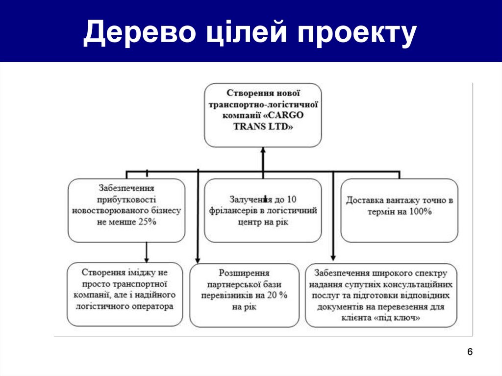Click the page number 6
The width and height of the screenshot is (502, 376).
470,352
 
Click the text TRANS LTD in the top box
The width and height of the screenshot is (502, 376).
263,126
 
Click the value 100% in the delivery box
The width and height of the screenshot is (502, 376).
421,212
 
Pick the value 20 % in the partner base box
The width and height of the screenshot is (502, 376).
277,296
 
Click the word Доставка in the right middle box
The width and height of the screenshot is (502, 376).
364,201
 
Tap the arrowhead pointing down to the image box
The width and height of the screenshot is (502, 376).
146,258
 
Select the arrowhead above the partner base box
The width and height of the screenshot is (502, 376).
198,259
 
